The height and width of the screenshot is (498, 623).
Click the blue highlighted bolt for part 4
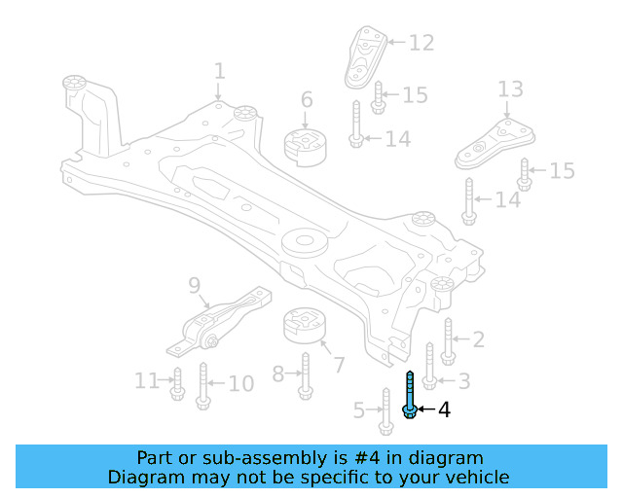point(410,397)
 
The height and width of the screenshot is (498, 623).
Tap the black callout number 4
point(444,410)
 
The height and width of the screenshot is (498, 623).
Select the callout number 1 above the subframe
point(219,72)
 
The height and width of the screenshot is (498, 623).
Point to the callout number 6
point(307,100)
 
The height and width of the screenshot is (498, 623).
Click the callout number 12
point(421,43)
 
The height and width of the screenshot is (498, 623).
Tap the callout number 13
point(510,90)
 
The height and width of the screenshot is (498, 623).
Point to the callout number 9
point(194,285)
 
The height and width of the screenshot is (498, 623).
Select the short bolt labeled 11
point(177,384)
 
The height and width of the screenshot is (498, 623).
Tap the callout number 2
point(478,339)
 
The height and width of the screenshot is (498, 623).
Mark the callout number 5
point(358,410)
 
